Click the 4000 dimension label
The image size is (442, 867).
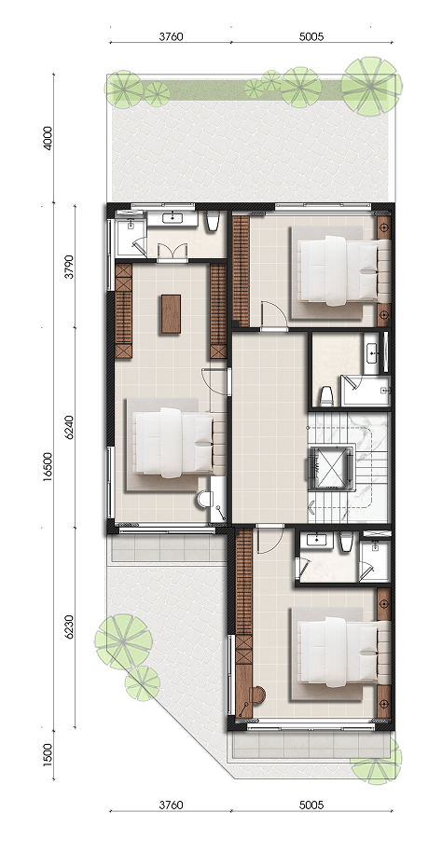pyautogui.click(x=48, y=138)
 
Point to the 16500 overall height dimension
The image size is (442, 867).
pyautogui.click(x=48, y=467)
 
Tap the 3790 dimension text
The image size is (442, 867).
pyautogui.click(x=69, y=266)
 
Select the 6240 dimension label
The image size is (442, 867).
pyautogui.click(x=69, y=427)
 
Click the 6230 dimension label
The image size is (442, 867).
pyautogui.click(x=69, y=627)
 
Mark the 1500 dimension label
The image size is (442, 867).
pyautogui.click(x=48, y=753)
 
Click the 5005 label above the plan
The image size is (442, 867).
pyautogui.click(x=311, y=37)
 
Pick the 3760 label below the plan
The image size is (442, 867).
pyautogui.click(x=171, y=805)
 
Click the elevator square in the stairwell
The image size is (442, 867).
pyautogui.click(x=331, y=467)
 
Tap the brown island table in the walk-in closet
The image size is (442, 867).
pyautogui.click(x=171, y=314)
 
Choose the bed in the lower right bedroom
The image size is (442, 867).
pyautogui.click(x=338, y=652)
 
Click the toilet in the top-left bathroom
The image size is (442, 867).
pyautogui.click(x=212, y=222)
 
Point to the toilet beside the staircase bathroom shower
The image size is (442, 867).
pyautogui.click(x=325, y=396)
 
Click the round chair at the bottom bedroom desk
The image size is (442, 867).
pyautogui.click(x=257, y=695)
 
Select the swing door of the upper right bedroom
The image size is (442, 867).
pyautogui.click(x=274, y=316)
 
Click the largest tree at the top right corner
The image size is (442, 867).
pyautogui.click(x=371, y=86)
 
